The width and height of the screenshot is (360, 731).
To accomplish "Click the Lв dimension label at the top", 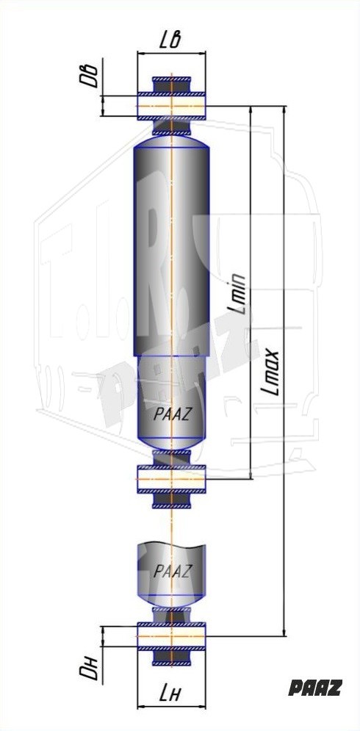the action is tap(170, 41).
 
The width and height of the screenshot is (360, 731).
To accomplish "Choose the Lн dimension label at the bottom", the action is tap(170, 695).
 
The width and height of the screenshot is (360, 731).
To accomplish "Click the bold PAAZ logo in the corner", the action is tap(315, 688).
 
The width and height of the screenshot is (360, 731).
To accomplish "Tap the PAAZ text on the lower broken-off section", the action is tap(172, 571).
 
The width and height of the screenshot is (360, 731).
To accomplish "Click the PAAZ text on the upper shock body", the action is tap(172, 415).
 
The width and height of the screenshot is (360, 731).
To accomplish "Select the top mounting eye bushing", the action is tap(172, 107).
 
